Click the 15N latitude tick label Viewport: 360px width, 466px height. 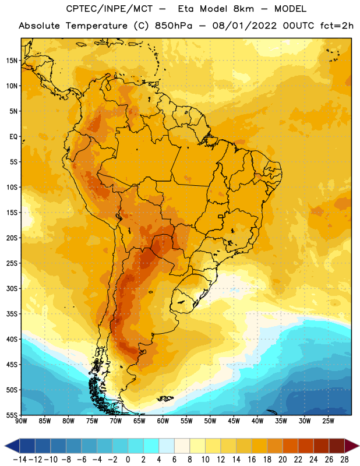[12, 61]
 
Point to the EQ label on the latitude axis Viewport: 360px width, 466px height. [13, 137]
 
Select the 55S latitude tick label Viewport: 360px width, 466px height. [12, 415]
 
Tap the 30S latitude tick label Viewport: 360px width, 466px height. [12, 288]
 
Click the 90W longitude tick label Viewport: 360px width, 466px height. [22, 421]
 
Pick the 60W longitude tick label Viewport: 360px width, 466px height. [163, 421]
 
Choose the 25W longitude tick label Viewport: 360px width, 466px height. [328, 421]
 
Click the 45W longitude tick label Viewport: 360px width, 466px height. [234, 421]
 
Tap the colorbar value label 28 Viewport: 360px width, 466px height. [344, 460]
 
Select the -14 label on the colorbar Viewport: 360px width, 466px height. [20, 460]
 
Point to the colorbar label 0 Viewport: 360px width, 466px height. [128, 460]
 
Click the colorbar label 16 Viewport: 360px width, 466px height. [252, 460]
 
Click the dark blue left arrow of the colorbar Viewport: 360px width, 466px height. [12, 446]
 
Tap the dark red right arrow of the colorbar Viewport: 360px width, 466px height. [352, 446]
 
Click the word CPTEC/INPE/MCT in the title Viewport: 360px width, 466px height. [109, 9]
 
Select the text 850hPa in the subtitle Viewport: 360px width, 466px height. [174, 26]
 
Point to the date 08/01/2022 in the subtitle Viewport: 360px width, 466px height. [244, 26]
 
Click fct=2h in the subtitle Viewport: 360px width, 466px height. [337, 26]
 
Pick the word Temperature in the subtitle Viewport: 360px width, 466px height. [97, 26]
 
